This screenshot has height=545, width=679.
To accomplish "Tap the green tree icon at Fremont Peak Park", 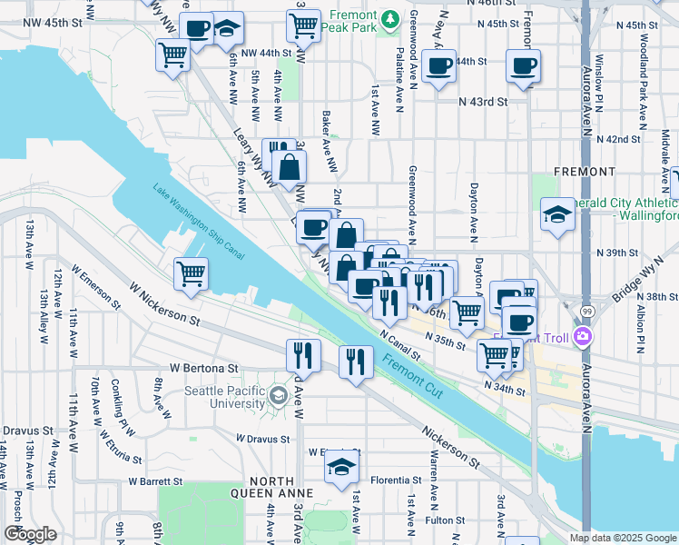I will pyautogui.click(x=390, y=18).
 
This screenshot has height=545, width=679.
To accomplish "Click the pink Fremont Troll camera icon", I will pyautogui.click(x=582, y=337).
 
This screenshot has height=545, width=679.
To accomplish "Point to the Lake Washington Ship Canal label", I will pyautogui.click(x=199, y=219).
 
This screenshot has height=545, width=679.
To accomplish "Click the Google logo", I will pyautogui.click(x=30, y=534).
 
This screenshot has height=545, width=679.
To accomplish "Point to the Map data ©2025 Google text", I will pyautogui.click(x=622, y=538).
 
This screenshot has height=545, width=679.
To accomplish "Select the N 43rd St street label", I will pyautogui.click(x=482, y=102).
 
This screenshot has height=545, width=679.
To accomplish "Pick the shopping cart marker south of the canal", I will pyautogui.click(x=191, y=272).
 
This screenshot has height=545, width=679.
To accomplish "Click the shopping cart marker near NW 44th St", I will pyautogui.click(x=172, y=54).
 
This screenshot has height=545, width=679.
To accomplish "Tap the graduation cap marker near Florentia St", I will pyautogui.click(x=340, y=467).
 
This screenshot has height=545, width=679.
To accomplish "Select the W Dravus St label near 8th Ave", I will pyautogui.click(x=263, y=438).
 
